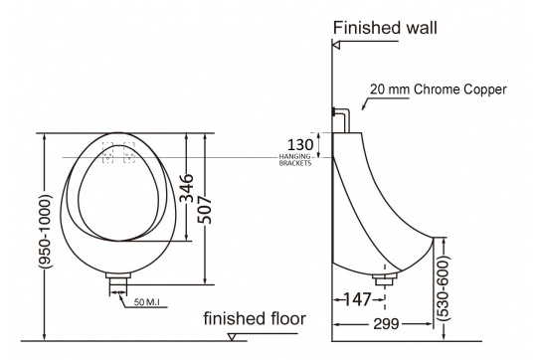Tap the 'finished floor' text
255,318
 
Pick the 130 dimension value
298,142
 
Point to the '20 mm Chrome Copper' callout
439,90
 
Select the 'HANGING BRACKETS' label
297,159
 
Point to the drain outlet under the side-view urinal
382,278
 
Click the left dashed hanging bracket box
107,156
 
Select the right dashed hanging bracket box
128,156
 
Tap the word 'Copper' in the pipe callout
485,90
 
